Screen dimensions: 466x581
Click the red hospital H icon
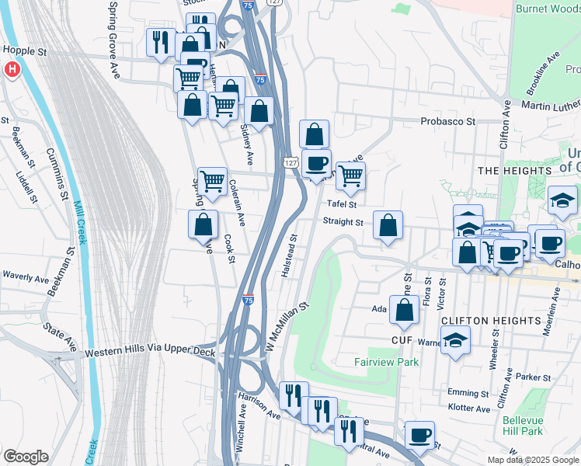[12, 69]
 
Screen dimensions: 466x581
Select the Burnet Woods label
[547, 9]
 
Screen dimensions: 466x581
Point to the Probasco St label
[447, 122]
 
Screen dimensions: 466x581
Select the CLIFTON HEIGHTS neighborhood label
[490, 320]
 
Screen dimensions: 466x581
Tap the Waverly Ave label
[26, 276]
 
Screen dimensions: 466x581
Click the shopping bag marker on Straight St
[388, 226]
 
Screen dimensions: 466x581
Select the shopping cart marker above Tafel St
[350, 176]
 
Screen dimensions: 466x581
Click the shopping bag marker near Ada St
[405, 311]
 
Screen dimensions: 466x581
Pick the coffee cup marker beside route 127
[316, 164]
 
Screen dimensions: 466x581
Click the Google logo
[26, 457]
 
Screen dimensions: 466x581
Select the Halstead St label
[288, 256]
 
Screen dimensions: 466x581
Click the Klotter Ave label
[469, 409]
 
